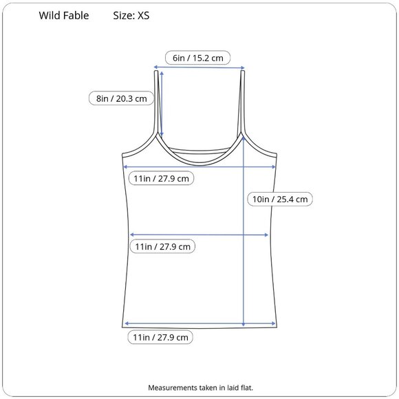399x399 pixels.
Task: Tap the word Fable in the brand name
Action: tap(76, 16)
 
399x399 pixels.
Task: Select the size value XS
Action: tap(143, 16)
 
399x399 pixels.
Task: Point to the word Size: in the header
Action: tap(124, 16)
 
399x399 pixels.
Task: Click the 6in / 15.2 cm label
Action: tap(197, 58)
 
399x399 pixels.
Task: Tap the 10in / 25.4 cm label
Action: tap(279, 199)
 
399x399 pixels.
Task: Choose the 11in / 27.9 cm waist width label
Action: tap(162, 246)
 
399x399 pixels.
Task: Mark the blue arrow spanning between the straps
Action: tap(199, 67)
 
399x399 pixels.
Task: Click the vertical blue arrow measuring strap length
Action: tap(161, 103)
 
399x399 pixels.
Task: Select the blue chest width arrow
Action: tap(199, 166)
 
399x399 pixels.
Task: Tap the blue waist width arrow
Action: tap(199, 235)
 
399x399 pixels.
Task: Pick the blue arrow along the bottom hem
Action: tap(199, 323)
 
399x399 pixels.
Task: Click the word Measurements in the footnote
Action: tap(173, 387)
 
